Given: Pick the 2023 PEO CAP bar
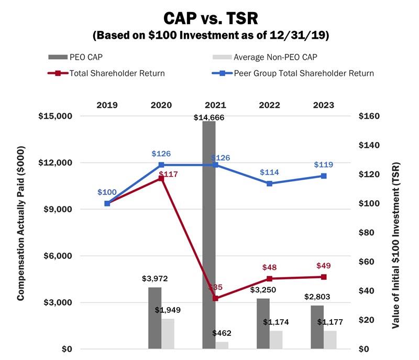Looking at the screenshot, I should tap(317, 327).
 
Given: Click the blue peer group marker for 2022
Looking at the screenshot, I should tap(269, 183).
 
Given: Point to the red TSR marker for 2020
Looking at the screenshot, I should tap(161, 179).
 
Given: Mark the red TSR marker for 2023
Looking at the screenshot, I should tap(324, 277).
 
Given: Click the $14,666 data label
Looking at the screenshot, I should tap(209, 118).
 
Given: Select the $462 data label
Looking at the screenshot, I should tap(222, 333).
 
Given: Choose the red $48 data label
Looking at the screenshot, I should tap(269, 267).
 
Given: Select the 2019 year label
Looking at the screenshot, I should tap(107, 104).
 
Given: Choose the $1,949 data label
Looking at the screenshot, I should tap(168, 310).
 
